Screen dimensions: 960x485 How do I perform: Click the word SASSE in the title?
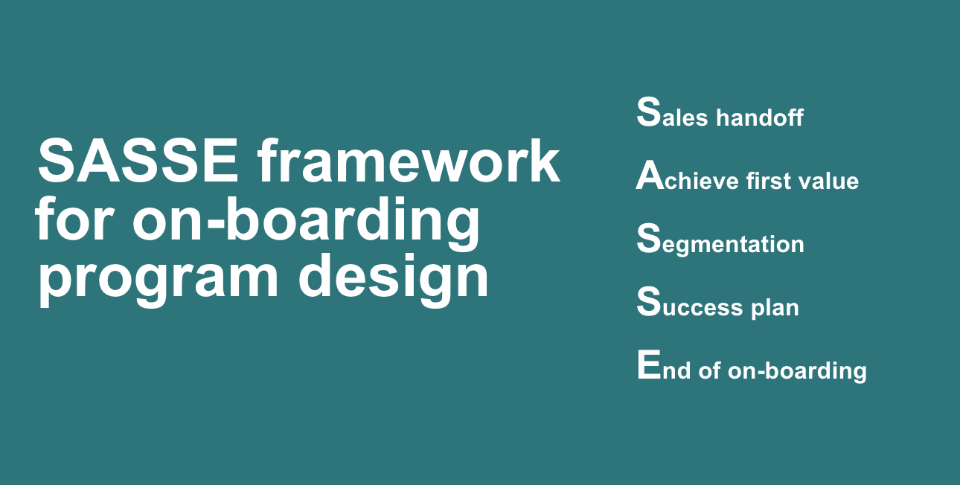[x=138, y=161]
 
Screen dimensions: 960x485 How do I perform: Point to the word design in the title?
[x=394, y=277]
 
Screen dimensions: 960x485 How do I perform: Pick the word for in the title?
[x=75, y=218]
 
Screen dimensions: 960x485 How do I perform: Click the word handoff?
[x=760, y=117]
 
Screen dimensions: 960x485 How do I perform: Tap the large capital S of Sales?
[x=648, y=112]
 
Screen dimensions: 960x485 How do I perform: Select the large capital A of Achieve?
[x=650, y=175]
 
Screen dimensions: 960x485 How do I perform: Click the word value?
[x=823, y=180]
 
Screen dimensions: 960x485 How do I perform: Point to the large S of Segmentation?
[x=648, y=238]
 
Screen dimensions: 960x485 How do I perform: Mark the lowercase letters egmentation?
[x=733, y=245]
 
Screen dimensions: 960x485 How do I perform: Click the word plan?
[x=775, y=308]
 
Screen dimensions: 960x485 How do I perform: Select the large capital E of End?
[x=649, y=364]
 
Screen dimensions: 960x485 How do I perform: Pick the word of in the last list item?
[x=709, y=370]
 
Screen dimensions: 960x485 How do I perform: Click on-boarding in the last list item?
[x=797, y=371]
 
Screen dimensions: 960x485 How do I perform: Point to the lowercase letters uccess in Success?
[x=703, y=308]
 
